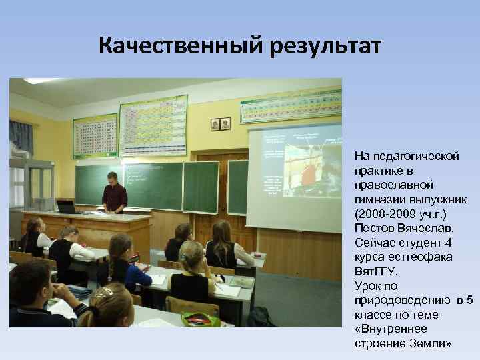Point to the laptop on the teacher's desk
click(x=66, y=207)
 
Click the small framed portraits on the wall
click(x=221, y=124)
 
